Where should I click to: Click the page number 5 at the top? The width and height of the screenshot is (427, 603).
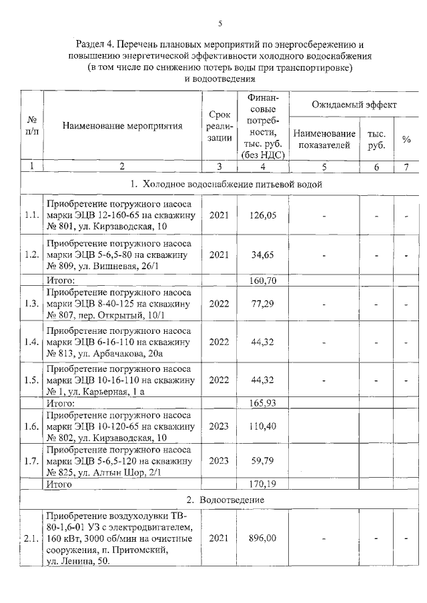click(x=220, y=23)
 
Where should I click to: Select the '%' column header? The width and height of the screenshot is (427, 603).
click(x=406, y=139)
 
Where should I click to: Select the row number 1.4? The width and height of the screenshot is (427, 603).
click(x=32, y=342)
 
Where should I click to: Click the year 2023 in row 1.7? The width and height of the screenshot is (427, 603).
click(x=220, y=460)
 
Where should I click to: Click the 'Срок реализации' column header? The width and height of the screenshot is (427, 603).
click(x=220, y=125)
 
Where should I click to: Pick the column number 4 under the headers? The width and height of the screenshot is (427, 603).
click(x=263, y=167)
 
